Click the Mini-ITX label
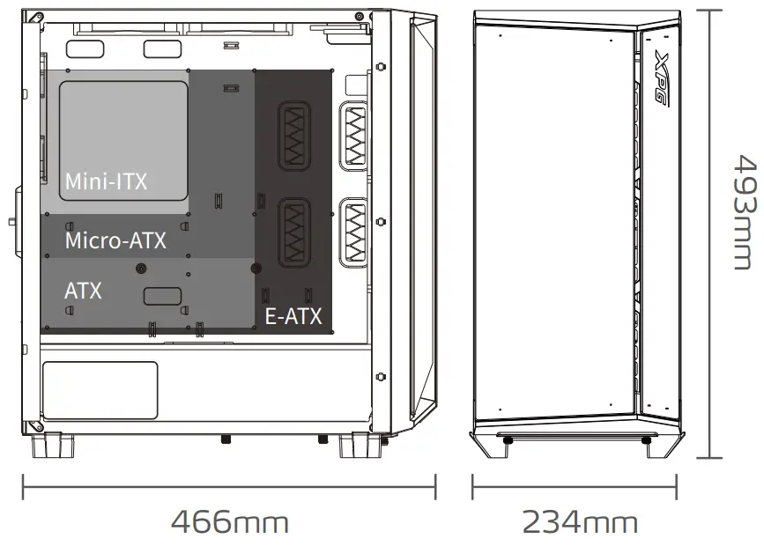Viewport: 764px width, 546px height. pos(106,181)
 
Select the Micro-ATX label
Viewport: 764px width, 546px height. pos(115,240)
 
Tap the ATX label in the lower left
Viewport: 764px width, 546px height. pos(83,290)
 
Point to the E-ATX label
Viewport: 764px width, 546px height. pos(293,316)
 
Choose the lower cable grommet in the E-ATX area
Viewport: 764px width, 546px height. pos(293,232)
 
